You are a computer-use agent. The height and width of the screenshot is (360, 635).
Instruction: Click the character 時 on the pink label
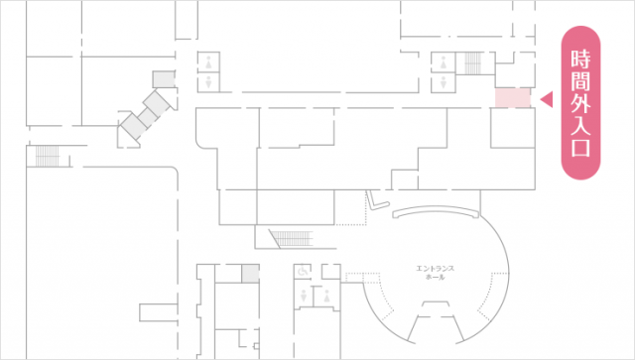pos(580,59)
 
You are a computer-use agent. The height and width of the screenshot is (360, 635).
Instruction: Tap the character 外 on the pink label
pos(580,103)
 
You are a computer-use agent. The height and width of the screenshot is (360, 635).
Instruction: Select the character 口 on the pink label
pos(580,147)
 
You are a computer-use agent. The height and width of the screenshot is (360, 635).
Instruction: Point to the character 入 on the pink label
pos(580,125)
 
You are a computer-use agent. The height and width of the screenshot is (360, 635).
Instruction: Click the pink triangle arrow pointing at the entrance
pos(547,99)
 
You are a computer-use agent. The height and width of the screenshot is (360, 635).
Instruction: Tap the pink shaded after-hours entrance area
pos(513,98)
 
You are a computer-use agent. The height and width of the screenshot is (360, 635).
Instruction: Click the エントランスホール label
pos(436,273)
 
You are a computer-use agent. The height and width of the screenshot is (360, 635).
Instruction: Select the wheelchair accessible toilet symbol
pos(303,270)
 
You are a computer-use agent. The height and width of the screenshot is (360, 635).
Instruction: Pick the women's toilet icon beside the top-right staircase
pos(444,62)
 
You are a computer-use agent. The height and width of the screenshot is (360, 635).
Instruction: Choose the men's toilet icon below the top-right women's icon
pos(444,82)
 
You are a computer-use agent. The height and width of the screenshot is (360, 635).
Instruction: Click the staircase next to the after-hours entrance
pos(474,63)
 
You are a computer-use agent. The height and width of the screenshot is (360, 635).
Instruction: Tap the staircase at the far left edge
pos(47,156)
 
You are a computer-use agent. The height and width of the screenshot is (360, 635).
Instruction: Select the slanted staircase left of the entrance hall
pos(293,239)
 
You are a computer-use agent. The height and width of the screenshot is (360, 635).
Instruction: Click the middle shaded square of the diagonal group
pos(148,117)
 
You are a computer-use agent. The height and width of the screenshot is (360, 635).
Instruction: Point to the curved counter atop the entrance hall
pos(436,211)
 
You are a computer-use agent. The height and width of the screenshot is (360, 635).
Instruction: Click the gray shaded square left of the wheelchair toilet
pos(250,274)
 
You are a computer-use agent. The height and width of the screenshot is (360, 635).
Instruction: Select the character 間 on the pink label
pos(580,81)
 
